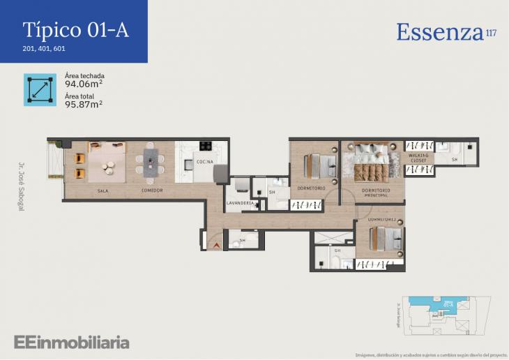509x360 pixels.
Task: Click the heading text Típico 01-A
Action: tap(75, 30)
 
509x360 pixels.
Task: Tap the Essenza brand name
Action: tap(440, 32)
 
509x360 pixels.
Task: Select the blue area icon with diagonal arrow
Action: tap(40, 89)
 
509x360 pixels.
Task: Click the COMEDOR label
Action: tap(152, 190)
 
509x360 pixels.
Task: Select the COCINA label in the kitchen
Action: tap(204, 162)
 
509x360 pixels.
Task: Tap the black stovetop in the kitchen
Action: tap(206, 147)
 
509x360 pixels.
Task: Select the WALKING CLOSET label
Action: tap(418, 158)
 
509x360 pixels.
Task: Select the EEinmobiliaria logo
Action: tap(71, 342)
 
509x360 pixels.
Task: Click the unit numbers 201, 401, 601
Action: tap(44, 49)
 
